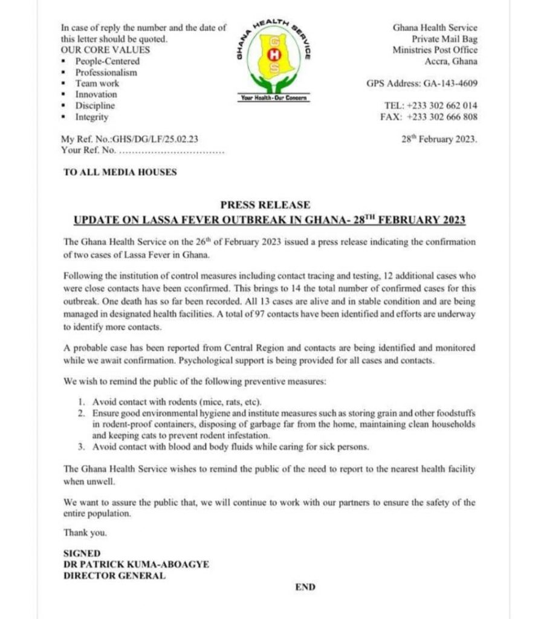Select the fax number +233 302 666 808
[x=442, y=117]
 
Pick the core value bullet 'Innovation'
[x=96, y=94]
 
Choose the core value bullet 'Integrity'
[x=92, y=117]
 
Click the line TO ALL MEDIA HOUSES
[x=120, y=172]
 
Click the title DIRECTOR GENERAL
[x=114, y=575]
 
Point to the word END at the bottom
[x=305, y=587]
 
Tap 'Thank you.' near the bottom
[x=85, y=533]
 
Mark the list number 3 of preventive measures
[x=81, y=447]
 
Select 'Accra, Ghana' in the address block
[x=451, y=61]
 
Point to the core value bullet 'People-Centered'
[x=107, y=61]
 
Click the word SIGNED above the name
[x=82, y=553]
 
